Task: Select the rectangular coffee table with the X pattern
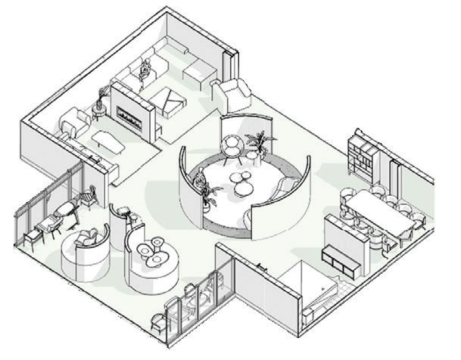point(171,99)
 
